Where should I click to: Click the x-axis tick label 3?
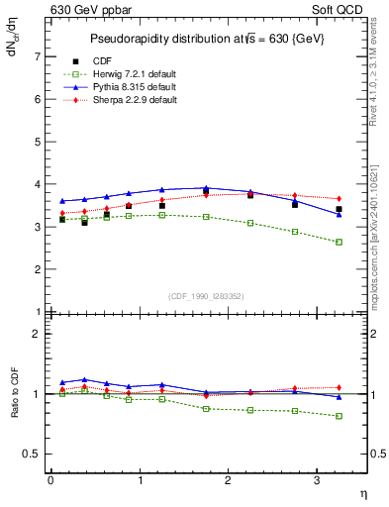tap(316, 480)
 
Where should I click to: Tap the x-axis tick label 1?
tap(139, 480)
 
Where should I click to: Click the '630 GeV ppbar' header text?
tap(87, 11)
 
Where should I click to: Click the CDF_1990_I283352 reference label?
tap(207, 296)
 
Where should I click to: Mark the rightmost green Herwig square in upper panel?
tap(340, 242)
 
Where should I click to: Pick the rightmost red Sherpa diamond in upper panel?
tap(340, 199)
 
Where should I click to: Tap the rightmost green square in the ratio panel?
tap(340, 416)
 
